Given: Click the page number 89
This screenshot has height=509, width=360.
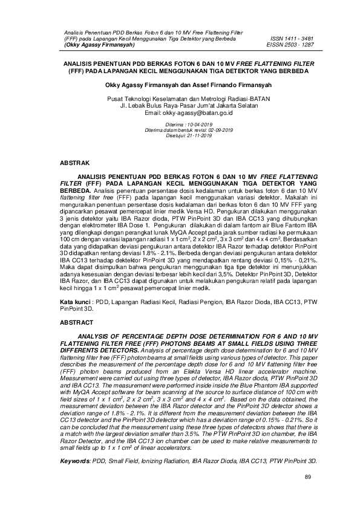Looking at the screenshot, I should point(307,478).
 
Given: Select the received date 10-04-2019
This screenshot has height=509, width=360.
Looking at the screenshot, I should point(189,125).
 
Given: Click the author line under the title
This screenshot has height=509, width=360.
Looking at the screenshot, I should point(180,85).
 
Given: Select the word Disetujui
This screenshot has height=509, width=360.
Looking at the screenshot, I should point(163,135).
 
